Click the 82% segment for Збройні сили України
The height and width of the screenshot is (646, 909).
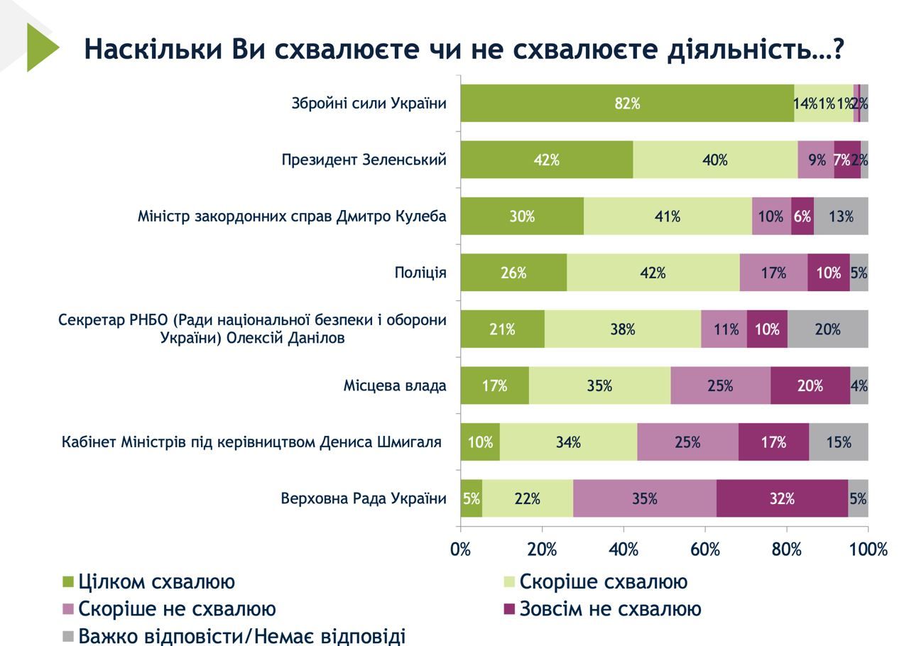pyautogui.click(x=627, y=104)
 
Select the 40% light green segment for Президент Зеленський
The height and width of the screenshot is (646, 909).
pyautogui.click(x=714, y=160)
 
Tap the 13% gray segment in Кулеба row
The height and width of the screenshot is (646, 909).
pyautogui.click(x=841, y=217)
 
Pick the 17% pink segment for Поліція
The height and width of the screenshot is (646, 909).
pyautogui.click(x=773, y=273)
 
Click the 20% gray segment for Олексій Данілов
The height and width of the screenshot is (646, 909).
pyautogui.click(x=827, y=329)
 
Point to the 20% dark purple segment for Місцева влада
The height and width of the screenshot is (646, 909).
pyautogui.click(x=810, y=386)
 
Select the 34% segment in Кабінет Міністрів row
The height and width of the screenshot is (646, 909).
pyautogui.click(x=568, y=442)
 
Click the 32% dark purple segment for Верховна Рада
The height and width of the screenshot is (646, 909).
pyautogui.click(x=781, y=499)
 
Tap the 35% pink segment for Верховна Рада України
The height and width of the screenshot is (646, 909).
pyautogui.click(x=644, y=499)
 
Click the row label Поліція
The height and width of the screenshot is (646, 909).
pyautogui.click(x=420, y=273)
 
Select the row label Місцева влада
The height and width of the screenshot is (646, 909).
pyautogui.click(x=395, y=386)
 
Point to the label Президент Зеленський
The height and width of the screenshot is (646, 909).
pyautogui.click(x=364, y=160)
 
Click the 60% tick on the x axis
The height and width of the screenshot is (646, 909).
pyautogui.click(x=705, y=549)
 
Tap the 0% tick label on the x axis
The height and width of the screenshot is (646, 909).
pyautogui.click(x=461, y=549)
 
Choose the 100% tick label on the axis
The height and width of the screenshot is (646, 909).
pyautogui.click(x=868, y=549)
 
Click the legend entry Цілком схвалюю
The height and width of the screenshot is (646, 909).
pyautogui.click(x=156, y=582)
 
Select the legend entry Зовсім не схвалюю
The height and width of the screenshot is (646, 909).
pyautogui.click(x=610, y=609)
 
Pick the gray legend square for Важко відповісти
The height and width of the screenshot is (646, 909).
pyautogui.click(x=68, y=636)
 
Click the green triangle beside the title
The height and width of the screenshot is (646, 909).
pyautogui.click(x=40, y=48)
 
